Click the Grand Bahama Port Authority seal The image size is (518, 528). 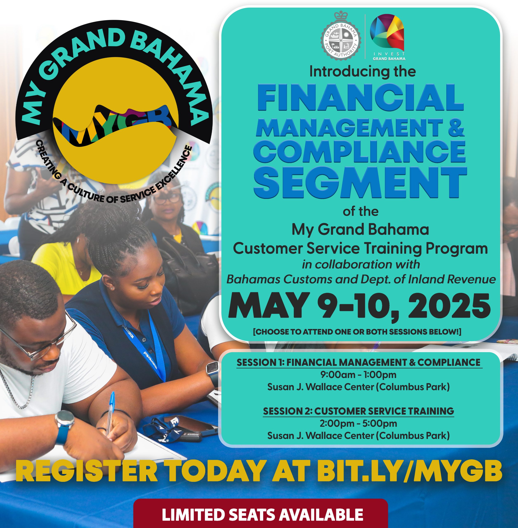pos(341,36)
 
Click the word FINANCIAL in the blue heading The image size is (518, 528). pos(361,97)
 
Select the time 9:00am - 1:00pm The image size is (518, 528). pos(358,375)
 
